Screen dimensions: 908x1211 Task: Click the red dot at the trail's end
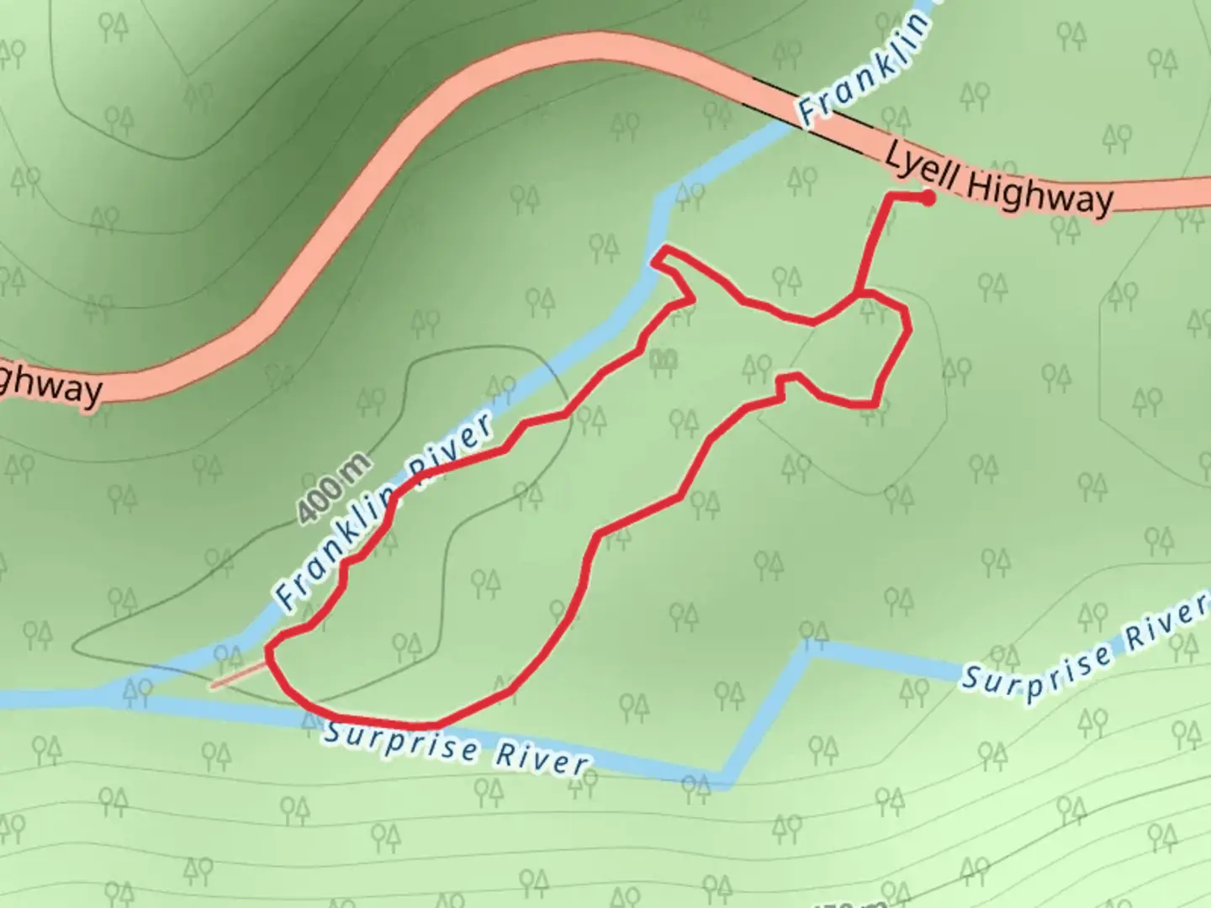[928, 198]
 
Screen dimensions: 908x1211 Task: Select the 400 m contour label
[334, 489]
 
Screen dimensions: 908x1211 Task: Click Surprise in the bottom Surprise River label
[400, 740]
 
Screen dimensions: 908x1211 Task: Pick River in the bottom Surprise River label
[541, 758]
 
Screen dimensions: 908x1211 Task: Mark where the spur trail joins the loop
[857, 294]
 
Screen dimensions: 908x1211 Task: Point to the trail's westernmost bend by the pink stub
[269, 652]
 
